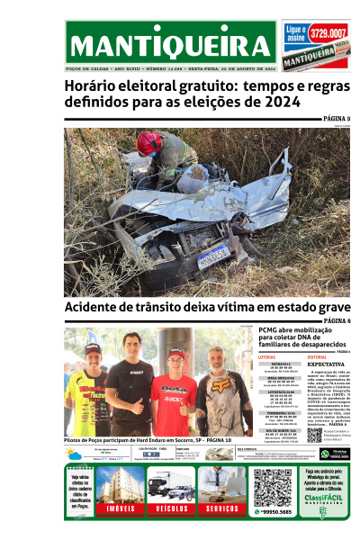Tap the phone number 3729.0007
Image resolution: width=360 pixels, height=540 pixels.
[328, 33]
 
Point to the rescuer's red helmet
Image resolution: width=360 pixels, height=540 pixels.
[148, 142]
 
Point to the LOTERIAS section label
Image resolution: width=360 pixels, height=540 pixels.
[266, 357]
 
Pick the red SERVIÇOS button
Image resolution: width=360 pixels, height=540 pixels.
[220, 508]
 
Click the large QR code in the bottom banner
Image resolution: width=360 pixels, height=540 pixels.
[272, 487]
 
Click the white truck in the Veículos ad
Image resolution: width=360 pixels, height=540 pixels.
[161, 487]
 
